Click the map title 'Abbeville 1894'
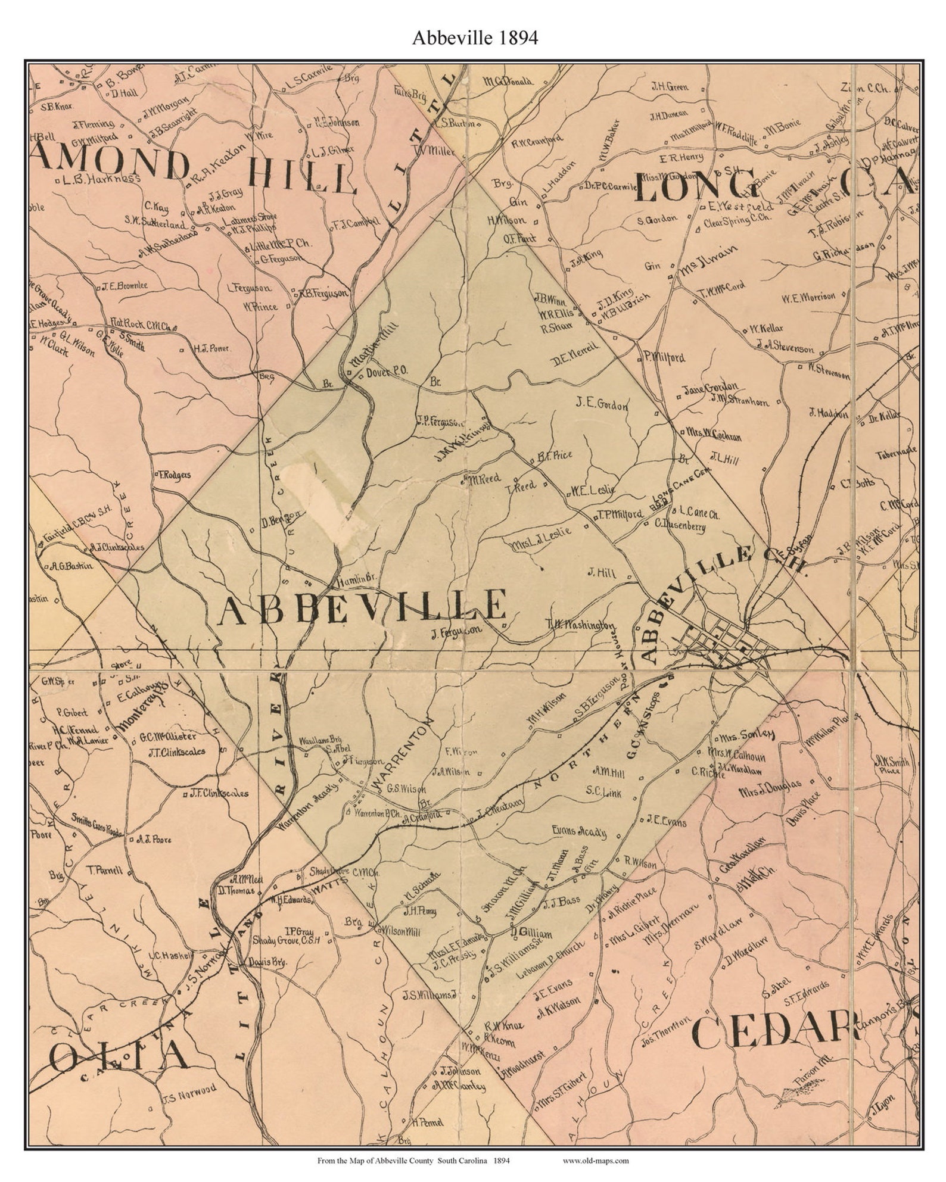coord(475,38)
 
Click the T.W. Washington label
coord(580,625)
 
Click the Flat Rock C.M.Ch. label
coord(141,326)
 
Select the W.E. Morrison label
coord(808,296)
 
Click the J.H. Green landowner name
coord(669,87)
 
